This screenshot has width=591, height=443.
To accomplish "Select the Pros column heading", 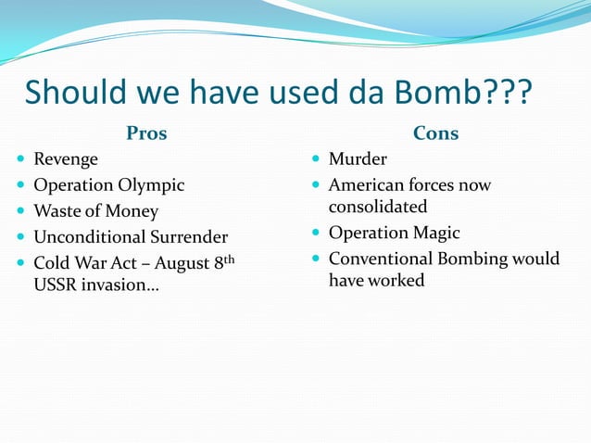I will pyautogui.click(x=146, y=133).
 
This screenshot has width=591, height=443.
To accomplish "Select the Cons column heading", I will pyautogui.click(x=435, y=133).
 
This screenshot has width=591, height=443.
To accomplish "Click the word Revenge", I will pyautogui.click(x=66, y=159).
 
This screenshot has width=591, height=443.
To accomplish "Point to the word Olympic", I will pyautogui.click(x=152, y=185).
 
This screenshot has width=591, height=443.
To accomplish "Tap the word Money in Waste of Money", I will pyautogui.click(x=131, y=211).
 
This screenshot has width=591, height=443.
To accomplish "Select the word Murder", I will pyautogui.click(x=358, y=159).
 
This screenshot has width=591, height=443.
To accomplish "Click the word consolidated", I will pyautogui.click(x=378, y=206).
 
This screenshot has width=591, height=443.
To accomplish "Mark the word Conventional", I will pyautogui.click(x=383, y=259).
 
